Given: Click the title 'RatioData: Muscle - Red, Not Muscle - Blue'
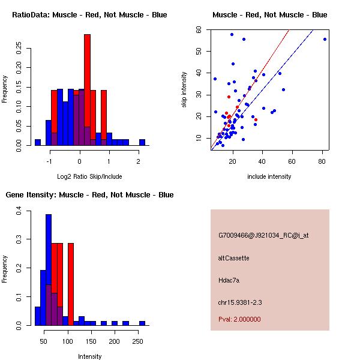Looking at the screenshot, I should tap(89, 14).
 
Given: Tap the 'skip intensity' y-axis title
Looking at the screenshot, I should tap(185, 90).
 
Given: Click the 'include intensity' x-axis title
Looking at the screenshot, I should tap(269, 176).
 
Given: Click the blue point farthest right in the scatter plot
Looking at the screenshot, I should tap(325, 39).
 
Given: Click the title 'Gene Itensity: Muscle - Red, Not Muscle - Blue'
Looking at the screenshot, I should tap(89, 194).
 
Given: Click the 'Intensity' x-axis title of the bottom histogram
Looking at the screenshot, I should tap(90, 356).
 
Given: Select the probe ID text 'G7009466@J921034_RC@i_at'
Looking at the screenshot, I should tap(263, 235).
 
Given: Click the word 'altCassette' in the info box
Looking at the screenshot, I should tap(233, 258).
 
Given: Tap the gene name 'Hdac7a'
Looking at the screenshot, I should tap(229, 280).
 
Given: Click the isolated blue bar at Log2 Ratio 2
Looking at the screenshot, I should tap(142, 142).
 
